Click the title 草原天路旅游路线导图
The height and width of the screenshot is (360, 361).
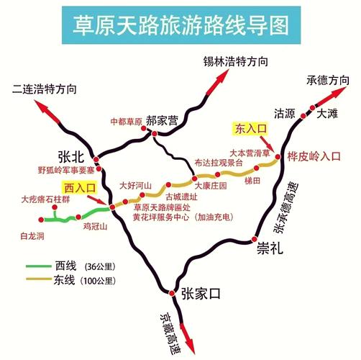pyautogui.click(x=180, y=24)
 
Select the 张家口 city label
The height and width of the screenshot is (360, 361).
pyautogui.click(x=199, y=292)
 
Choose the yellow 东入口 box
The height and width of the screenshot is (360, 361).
pyautogui.click(x=251, y=129)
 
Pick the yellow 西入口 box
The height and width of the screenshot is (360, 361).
pyautogui.click(x=80, y=188)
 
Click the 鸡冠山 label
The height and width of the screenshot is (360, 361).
pyautogui.click(x=94, y=226)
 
